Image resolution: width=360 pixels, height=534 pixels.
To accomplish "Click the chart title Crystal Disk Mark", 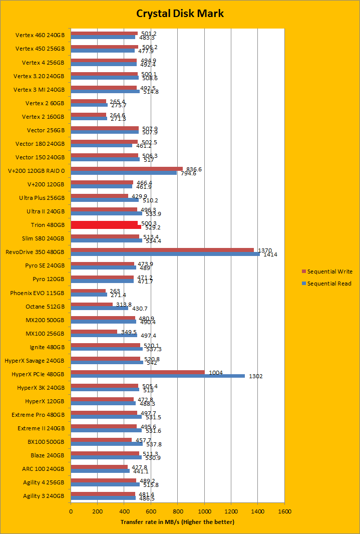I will click(180, 14).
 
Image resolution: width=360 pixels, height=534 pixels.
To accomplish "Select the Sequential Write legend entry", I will click(329, 272).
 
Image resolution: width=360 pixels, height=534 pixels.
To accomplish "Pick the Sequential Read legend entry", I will click(329, 284).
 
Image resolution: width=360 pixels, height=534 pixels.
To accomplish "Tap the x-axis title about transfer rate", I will click(177, 522).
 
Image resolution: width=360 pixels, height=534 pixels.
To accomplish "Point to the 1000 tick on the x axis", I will click(204, 511).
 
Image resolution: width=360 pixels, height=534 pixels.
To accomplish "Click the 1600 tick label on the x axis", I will click(284, 511).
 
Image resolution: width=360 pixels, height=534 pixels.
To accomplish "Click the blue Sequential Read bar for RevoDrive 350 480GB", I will click(165, 254).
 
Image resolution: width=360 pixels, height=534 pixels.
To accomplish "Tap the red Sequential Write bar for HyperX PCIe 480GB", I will click(138, 372).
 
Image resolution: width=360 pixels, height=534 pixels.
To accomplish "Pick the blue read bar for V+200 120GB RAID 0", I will click(124, 173).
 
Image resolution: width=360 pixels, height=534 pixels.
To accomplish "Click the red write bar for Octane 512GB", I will click(92, 305).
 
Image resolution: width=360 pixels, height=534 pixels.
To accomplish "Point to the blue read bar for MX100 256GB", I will click(104, 335).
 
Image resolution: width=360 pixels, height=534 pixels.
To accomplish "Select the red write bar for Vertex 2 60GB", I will click(88, 101).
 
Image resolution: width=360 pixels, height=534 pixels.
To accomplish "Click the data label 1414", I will click(270, 254).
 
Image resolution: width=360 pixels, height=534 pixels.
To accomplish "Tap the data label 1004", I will click(216, 372).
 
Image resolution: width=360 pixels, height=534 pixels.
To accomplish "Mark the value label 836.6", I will click(193, 169).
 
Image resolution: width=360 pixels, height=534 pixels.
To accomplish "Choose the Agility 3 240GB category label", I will click(44, 496).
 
